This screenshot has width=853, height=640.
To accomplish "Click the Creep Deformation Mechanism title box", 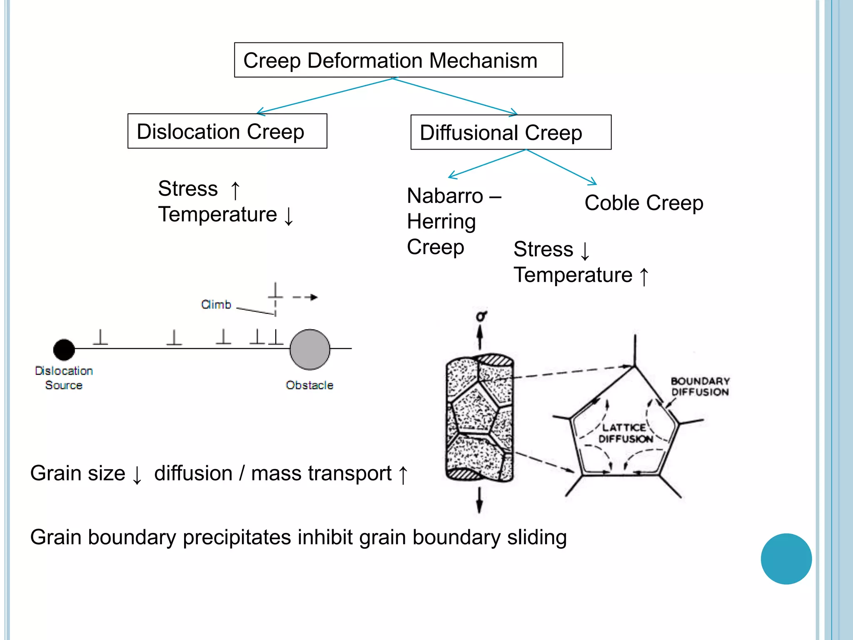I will (x=398, y=60).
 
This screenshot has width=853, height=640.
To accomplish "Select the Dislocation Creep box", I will (x=227, y=131).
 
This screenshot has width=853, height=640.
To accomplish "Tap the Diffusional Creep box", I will (x=511, y=132).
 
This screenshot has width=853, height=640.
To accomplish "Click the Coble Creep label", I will (x=643, y=203).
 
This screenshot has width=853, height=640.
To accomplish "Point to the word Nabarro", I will (x=445, y=196).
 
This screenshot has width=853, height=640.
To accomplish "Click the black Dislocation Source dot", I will (x=64, y=349).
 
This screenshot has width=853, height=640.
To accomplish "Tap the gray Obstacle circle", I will (x=309, y=349).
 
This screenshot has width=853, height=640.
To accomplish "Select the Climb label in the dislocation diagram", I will (x=216, y=305).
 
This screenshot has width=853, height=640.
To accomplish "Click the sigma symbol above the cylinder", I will (x=481, y=316).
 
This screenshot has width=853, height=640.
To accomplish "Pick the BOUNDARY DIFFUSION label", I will (x=700, y=387).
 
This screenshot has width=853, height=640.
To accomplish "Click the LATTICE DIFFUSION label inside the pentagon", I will (x=625, y=433).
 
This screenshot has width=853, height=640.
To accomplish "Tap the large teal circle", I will (x=786, y=559).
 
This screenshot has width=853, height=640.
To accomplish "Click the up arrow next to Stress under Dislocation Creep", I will (x=235, y=190).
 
